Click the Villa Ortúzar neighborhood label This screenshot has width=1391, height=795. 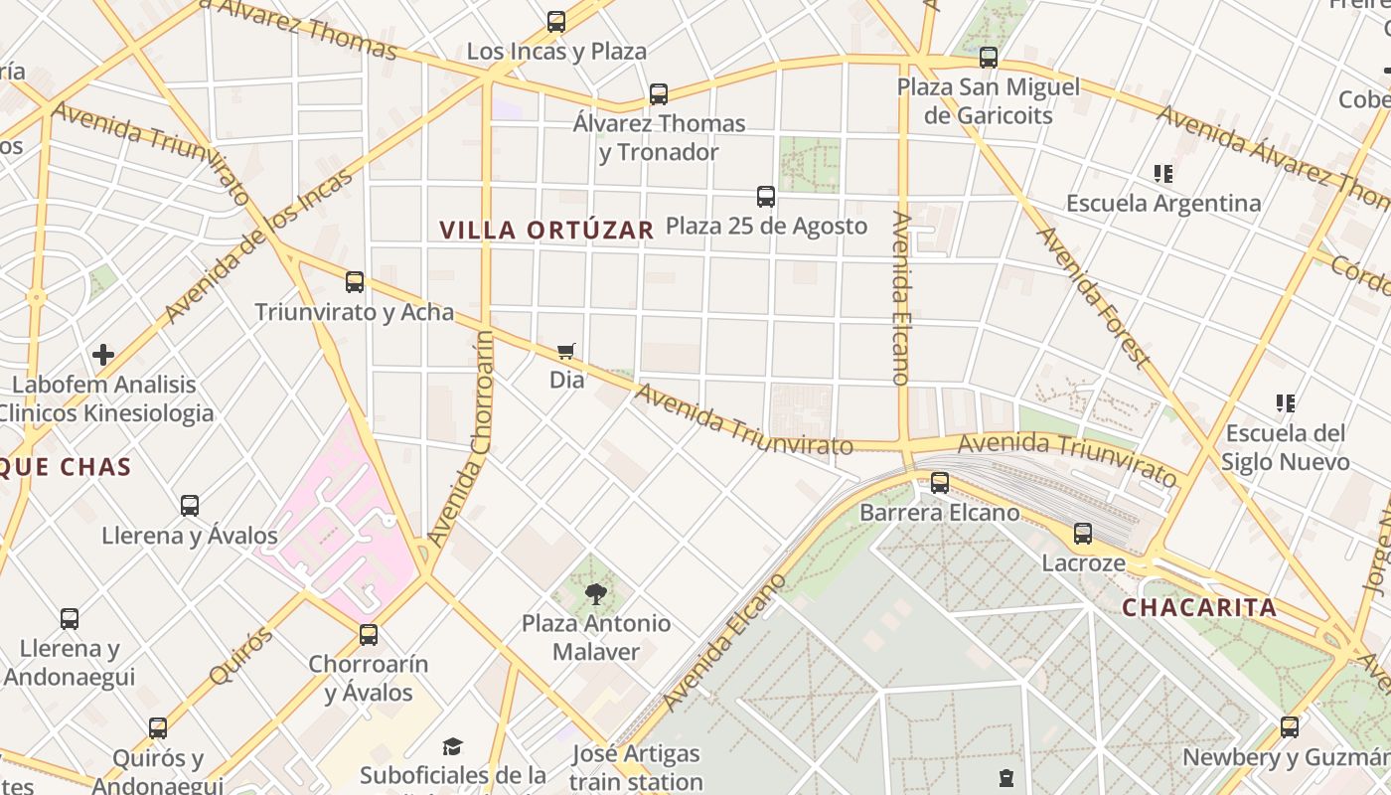point(546,230)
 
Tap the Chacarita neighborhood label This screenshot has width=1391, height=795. point(1199,607)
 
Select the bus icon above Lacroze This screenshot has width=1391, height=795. point(1083,534)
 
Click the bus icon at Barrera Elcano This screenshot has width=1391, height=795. point(939,484)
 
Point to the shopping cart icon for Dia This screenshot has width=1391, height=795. point(566,351)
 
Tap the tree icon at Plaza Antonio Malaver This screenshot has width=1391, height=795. point(596,594)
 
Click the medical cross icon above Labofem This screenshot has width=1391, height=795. point(103,355)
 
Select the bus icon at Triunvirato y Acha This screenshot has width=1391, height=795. point(355,282)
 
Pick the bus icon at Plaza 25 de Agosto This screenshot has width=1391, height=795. point(765,197)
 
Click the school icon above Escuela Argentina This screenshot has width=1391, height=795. point(1163,175)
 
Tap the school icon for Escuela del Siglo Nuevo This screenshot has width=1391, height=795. point(1286,403)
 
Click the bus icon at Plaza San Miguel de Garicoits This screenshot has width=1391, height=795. point(988,58)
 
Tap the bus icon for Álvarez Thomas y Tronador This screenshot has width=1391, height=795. point(658,94)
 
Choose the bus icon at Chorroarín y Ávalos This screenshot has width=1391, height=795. point(369,635)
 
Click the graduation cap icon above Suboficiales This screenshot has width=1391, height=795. point(453,746)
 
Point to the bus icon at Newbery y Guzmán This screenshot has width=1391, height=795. point(1289,727)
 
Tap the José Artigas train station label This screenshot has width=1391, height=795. point(637,767)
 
